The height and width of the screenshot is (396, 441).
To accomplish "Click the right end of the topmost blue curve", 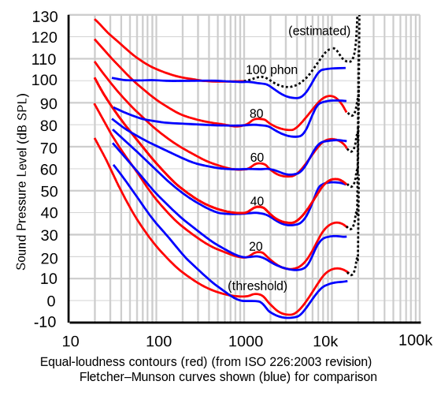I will (x=346, y=68).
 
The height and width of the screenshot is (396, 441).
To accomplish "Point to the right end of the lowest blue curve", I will (x=347, y=282).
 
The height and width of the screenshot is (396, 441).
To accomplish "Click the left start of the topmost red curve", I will (x=95, y=18).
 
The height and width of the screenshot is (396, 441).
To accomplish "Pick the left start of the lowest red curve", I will (x=95, y=140).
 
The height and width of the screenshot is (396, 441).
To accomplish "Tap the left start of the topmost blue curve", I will (x=113, y=77).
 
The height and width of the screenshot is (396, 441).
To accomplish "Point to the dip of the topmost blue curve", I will (x=291, y=96).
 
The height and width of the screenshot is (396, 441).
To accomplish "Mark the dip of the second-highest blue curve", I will (x=293, y=136).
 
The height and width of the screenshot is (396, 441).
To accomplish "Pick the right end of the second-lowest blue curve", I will (x=347, y=237).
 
